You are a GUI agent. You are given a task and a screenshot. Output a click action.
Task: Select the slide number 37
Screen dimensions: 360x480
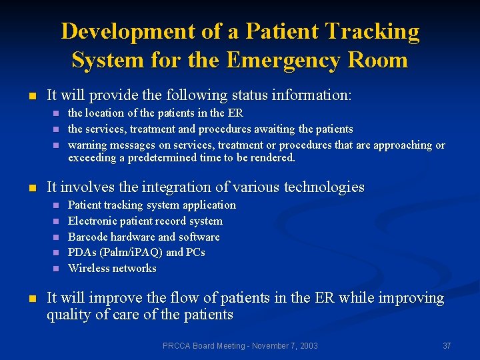447,345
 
